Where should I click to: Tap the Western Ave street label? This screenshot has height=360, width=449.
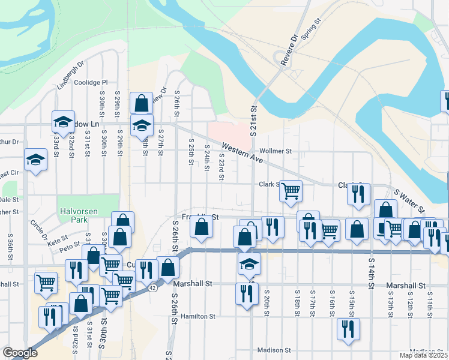[x=243, y=154]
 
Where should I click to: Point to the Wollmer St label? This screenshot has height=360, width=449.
[x=275, y=151]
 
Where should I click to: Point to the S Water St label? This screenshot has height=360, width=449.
[x=409, y=202]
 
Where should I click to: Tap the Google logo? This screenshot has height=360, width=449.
[x=20, y=353]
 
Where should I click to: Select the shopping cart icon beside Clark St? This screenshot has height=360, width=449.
[x=291, y=191]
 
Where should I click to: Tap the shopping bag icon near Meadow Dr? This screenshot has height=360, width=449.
[x=141, y=103]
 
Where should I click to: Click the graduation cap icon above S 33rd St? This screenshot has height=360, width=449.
[x=63, y=121]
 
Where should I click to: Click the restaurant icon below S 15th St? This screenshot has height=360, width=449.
[x=348, y=329]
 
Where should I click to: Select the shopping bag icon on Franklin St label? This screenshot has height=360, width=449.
[x=201, y=227]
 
